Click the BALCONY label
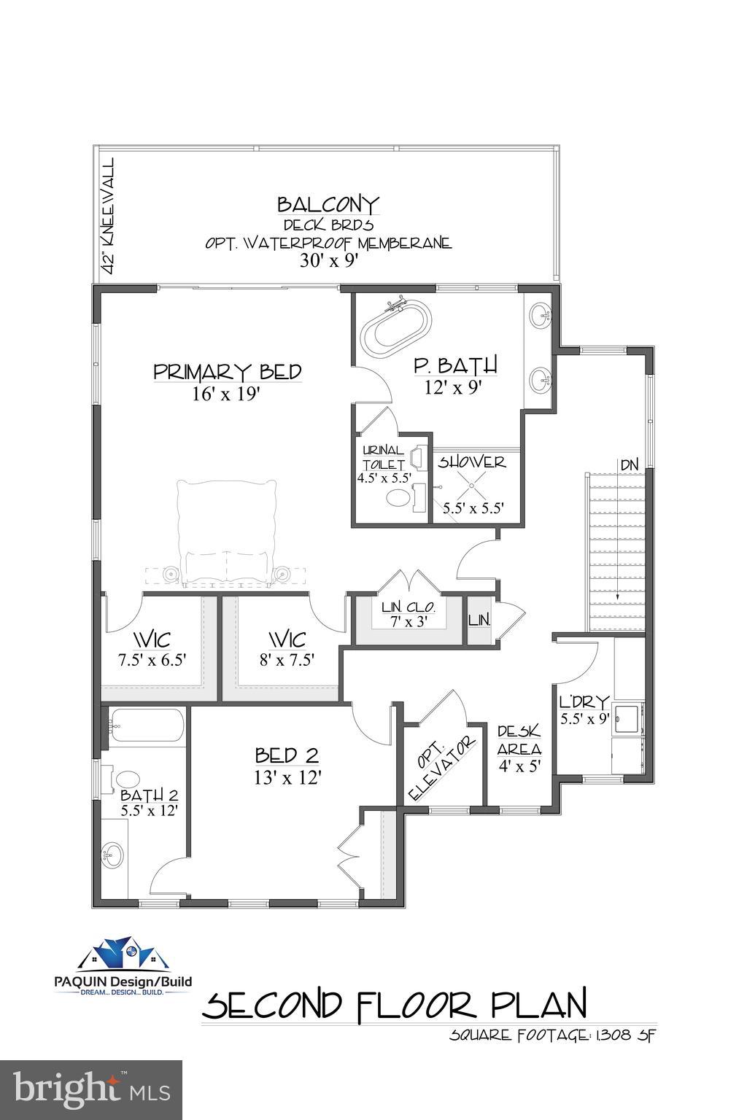pyautogui.click(x=328, y=203)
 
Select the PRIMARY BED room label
pyautogui.click(x=228, y=372)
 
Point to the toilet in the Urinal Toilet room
pyautogui.click(x=398, y=499)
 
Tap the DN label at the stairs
pyautogui.click(x=629, y=464)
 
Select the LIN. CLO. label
pyautogui.click(x=409, y=607)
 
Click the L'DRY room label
pyautogui.click(x=584, y=702)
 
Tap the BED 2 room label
pyautogui.click(x=287, y=755)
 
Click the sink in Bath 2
pyautogui.click(x=113, y=851)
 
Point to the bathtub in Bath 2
pyautogui.click(x=144, y=726)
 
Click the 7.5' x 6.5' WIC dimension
pyautogui.click(x=152, y=660)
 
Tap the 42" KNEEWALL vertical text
pyautogui.click(x=109, y=216)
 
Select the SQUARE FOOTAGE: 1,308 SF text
pyautogui.click(x=553, y=1035)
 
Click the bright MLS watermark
pyautogui.click(x=91, y=1090)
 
